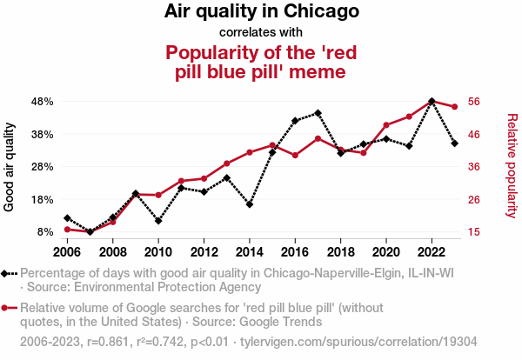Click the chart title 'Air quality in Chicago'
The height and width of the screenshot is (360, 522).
click(261, 12)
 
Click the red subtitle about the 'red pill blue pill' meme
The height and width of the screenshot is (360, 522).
click(261, 62)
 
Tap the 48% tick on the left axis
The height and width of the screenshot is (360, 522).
click(43, 101)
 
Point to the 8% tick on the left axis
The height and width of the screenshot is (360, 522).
click(46, 232)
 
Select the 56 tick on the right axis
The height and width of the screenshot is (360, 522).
click(474, 101)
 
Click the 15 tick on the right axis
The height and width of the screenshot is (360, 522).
click(474, 232)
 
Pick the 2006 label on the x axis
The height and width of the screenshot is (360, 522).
click(67, 252)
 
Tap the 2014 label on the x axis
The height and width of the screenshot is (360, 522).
click(250, 252)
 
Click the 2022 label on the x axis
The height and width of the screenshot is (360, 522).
click(432, 252)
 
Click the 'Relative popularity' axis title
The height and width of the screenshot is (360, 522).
click(512, 165)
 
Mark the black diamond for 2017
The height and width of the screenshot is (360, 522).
click(318, 113)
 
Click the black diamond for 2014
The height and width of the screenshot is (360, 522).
click(250, 204)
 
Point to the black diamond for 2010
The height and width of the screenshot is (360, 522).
click(158, 221)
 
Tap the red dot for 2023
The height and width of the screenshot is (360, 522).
click(454, 106)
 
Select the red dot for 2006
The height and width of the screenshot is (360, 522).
click(67, 230)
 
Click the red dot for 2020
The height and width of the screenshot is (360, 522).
click(386, 125)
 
